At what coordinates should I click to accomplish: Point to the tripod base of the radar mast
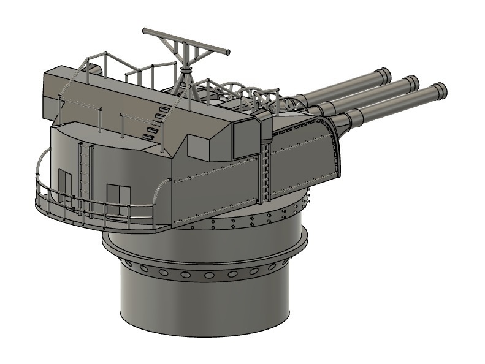(186, 86)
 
